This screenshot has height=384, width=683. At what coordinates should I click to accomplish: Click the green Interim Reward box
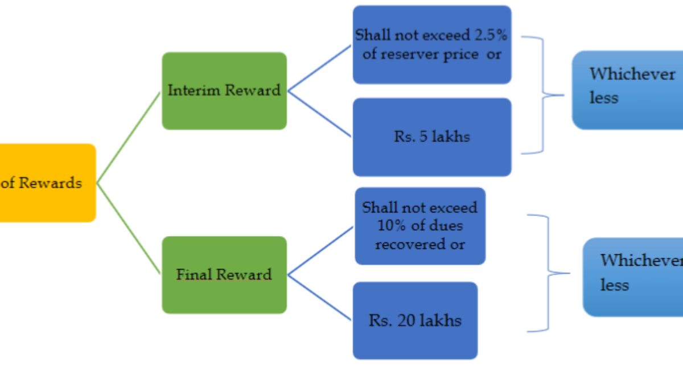pyautogui.click(x=224, y=91)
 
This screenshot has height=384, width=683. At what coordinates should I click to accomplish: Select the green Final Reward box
pyautogui.click(x=224, y=275)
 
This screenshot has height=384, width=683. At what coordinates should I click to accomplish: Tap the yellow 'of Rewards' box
pyautogui.click(x=46, y=183)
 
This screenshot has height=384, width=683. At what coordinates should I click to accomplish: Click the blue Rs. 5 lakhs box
pyautogui.click(x=432, y=137)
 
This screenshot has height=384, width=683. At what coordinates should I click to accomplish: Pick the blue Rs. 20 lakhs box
pyautogui.click(x=415, y=320)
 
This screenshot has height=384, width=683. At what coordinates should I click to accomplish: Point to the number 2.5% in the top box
pyautogui.click(x=491, y=35)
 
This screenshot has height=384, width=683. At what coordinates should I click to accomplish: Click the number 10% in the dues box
pyautogui.click(x=390, y=225)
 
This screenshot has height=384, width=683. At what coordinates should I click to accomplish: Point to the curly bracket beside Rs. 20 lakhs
pyautogui.click(x=548, y=273)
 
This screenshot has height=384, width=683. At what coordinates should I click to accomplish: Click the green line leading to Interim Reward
pyautogui.click(x=129, y=137)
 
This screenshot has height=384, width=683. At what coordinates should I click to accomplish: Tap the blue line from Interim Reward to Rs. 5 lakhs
pyautogui.click(x=320, y=114)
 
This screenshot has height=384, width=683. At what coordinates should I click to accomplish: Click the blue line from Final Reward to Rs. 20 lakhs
pyautogui.click(x=320, y=298)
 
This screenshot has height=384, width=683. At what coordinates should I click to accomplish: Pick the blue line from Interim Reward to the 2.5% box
pyautogui.click(x=320, y=68)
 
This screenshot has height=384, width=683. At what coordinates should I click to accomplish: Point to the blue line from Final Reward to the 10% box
pyautogui.click(x=320, y=251)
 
